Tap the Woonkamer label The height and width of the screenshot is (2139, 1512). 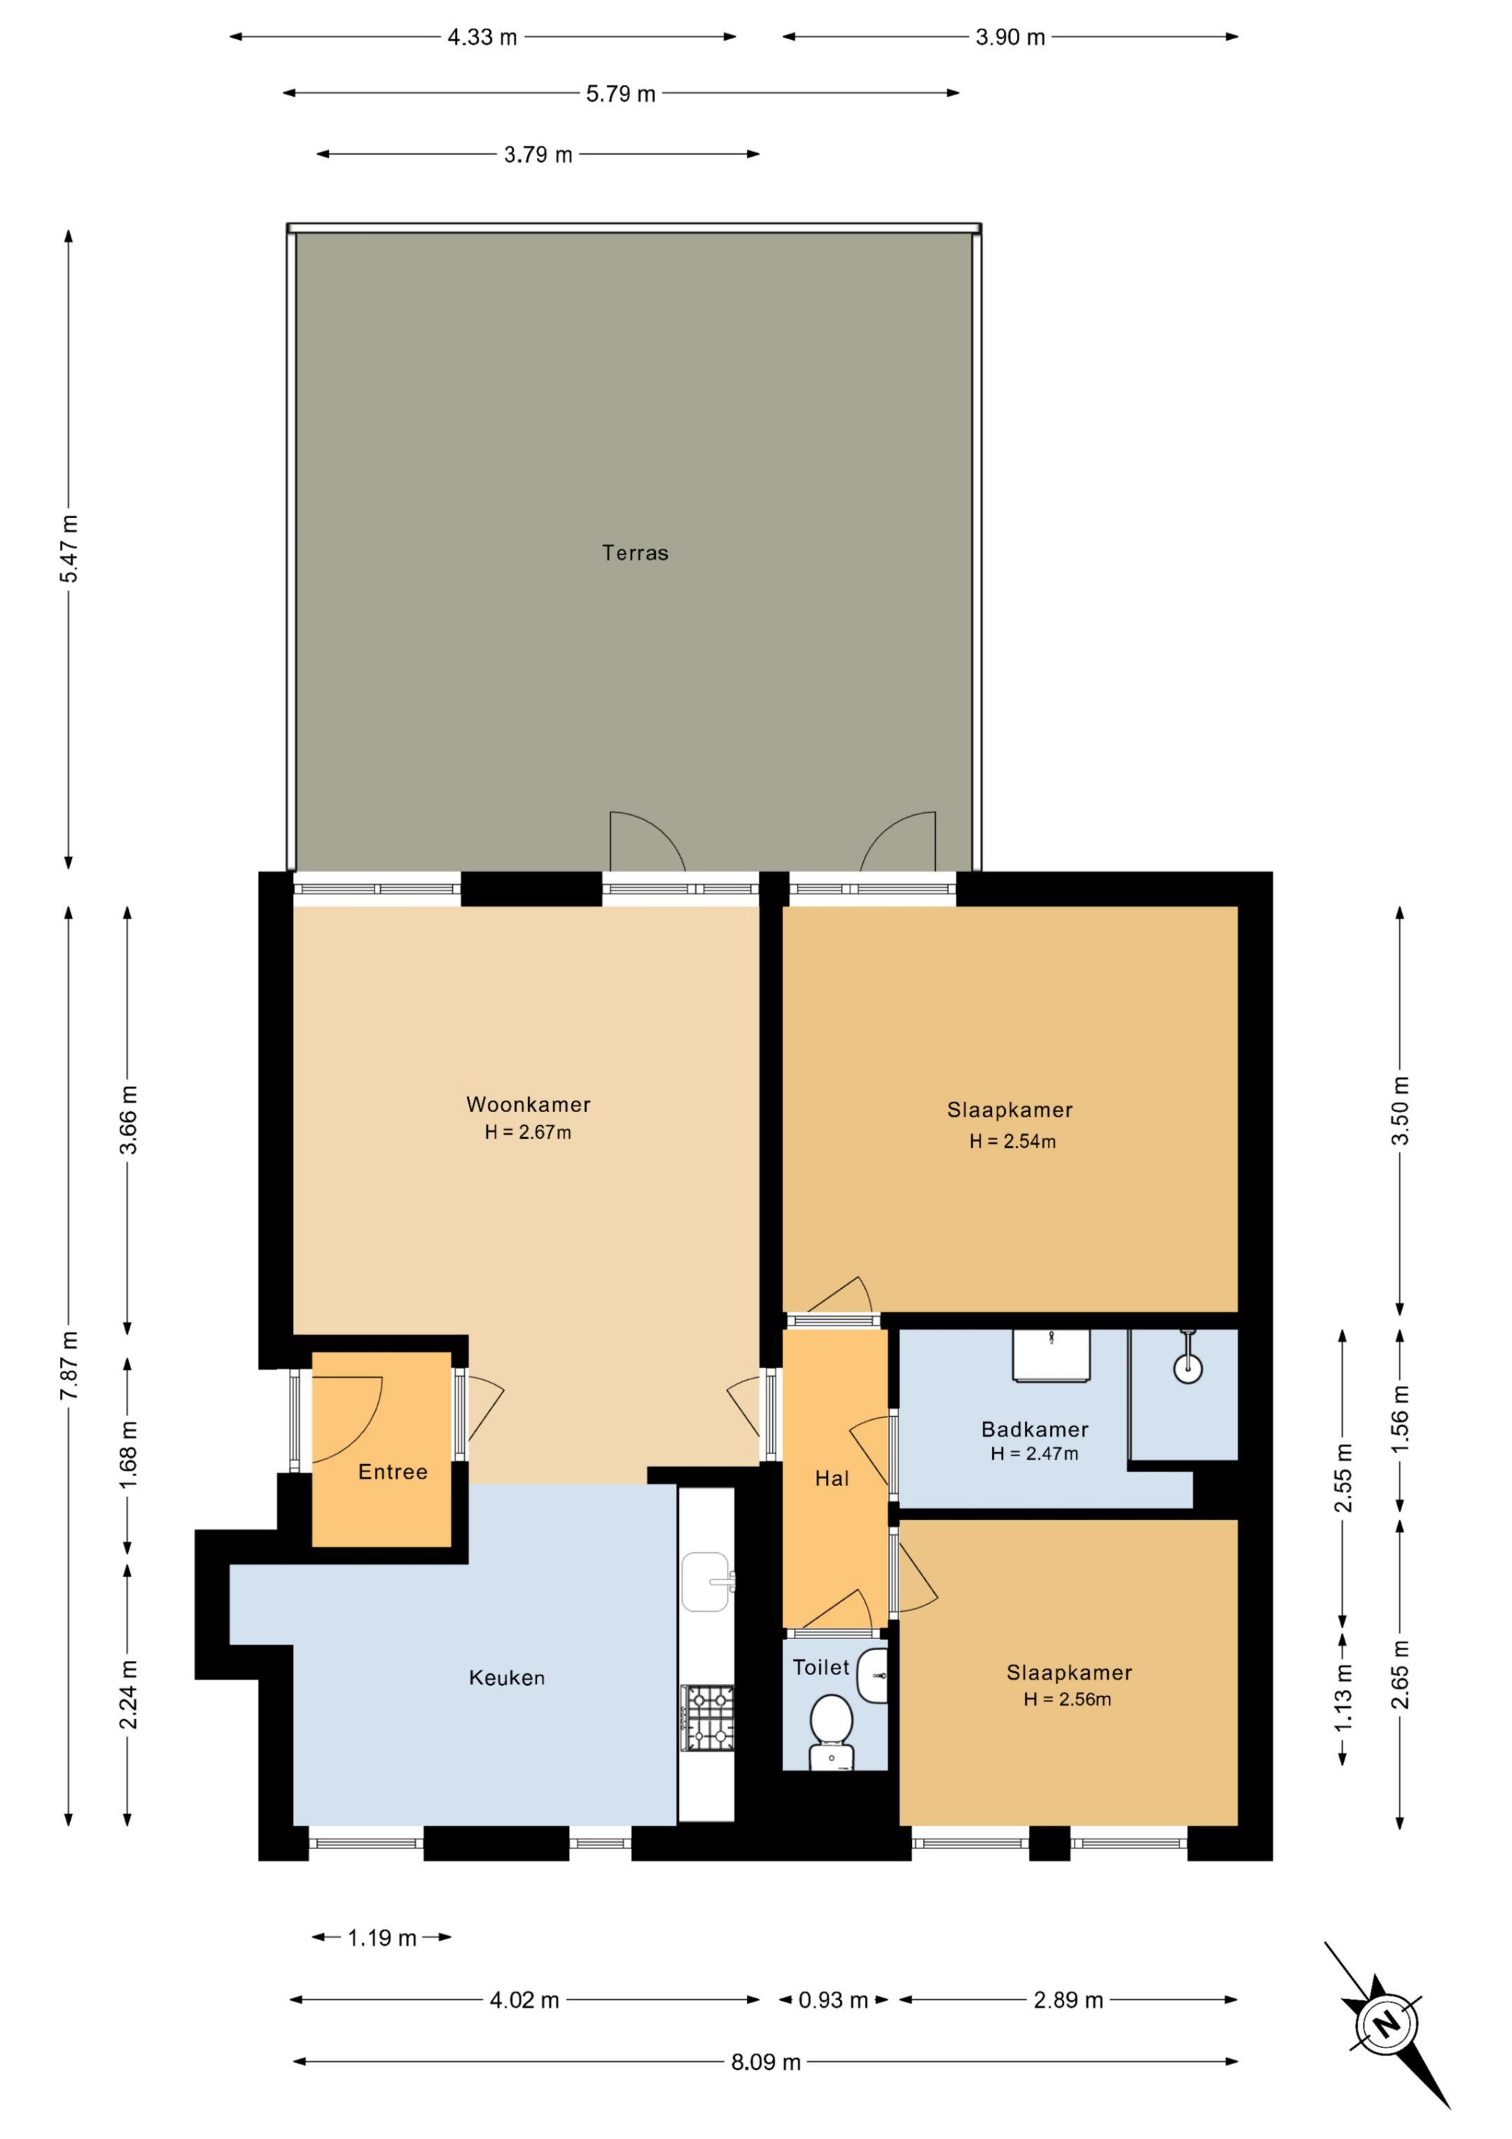528,1105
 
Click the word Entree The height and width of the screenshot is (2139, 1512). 393,1472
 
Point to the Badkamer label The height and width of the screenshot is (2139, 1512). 1035,1429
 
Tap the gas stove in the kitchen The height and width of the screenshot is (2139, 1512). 707,1717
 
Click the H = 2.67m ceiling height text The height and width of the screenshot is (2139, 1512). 528,1133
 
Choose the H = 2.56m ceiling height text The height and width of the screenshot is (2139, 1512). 1067,1699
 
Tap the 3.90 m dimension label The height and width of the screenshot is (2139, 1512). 1011,37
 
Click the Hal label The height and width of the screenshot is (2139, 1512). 832,1479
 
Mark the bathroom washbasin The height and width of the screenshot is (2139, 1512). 1052,1356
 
